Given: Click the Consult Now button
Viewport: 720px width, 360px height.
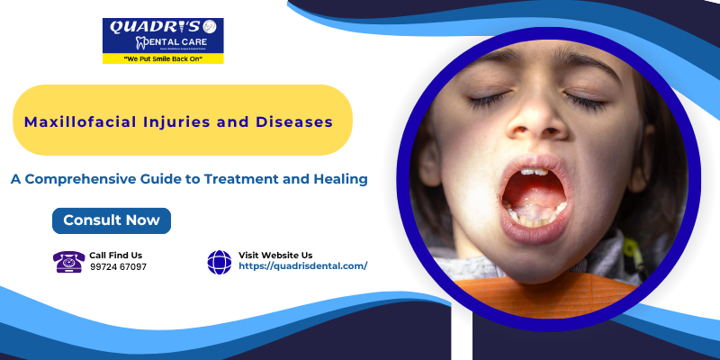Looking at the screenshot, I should click(x=112, y=220).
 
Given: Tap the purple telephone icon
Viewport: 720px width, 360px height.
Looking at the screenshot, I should click(x=68, y=261).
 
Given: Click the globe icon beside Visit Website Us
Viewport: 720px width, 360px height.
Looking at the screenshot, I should click(x=220, y=261).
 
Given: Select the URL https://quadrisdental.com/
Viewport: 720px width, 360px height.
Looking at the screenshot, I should click(x=302, y=266).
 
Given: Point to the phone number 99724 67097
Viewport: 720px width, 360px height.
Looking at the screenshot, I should click(x=118, y=267).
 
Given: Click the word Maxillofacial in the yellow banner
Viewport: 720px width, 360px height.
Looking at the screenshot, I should click(x=75, y=121).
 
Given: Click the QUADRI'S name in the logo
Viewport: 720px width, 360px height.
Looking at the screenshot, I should click(x=148, y=27).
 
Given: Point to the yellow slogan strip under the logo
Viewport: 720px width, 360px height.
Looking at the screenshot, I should click(x=163, y=58).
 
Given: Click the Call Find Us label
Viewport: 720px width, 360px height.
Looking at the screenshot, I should click(x=115, y=255).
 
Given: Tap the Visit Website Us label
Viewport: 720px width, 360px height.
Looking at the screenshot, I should click(x=275, y=255).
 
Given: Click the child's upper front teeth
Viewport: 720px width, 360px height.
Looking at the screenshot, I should click(x=533, y=171).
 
